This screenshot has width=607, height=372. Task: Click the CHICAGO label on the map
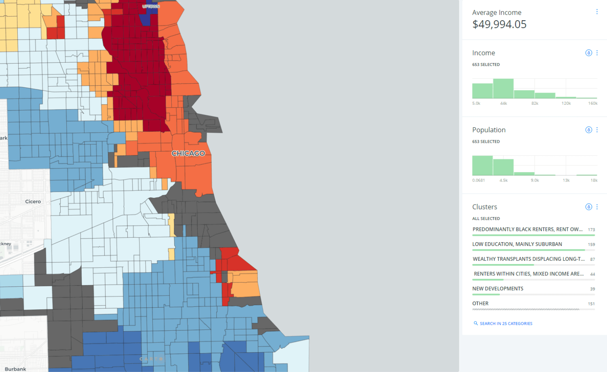coord(188,153)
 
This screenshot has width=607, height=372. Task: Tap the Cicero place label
coord(33,201)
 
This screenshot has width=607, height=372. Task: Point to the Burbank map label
coord(15,369)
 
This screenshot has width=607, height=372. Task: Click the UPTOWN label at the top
coord(151,6)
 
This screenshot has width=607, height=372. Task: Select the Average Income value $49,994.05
coord(499,24)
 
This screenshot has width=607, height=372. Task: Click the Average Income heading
coord(496,13)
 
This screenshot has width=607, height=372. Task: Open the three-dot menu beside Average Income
coord(596,12)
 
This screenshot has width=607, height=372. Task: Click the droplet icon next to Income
coord(588,53)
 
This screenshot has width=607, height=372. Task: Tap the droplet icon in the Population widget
coord(588,130)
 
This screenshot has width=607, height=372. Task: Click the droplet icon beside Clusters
coord(588,207)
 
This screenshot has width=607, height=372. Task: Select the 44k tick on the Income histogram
coord(503,104)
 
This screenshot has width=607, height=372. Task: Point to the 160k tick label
coord(592,104)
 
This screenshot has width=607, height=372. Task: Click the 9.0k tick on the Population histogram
coord(535,180)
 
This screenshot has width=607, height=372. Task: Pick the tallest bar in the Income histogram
coord(503,89)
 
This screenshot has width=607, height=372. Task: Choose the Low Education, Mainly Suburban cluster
coord(517,244)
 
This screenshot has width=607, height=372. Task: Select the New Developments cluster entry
coord(497,289)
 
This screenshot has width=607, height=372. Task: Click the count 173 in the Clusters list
coord(591,230)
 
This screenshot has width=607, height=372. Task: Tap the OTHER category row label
coord(480,303)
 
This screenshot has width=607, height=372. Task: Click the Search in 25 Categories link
coord(506,323)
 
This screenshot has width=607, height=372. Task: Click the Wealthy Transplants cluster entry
coord(528,259)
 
